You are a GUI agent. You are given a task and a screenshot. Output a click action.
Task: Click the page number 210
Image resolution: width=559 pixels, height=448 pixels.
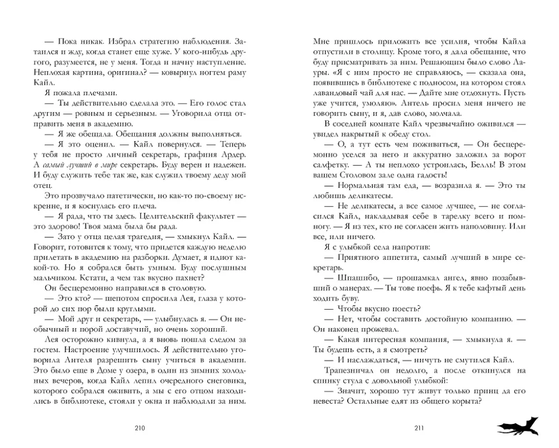[140, 428]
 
